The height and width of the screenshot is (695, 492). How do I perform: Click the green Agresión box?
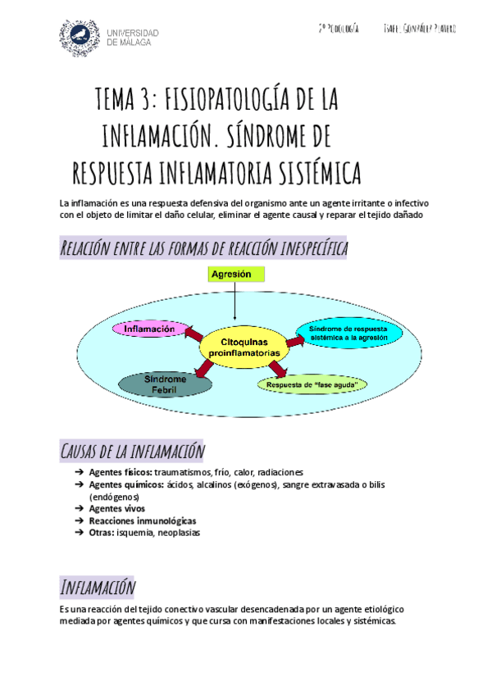coord(231,275)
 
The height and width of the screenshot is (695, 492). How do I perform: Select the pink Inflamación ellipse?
coord(149,329)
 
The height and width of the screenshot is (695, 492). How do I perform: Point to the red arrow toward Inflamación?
coord(194,335)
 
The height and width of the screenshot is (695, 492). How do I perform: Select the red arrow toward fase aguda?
coord(277,370)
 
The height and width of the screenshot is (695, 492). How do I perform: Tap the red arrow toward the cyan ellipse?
coord(294,339)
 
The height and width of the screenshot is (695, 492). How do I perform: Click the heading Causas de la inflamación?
coord(132,451)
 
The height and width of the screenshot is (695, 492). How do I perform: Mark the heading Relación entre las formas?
coord(203,248)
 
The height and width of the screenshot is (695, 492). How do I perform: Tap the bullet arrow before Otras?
coord(78,533)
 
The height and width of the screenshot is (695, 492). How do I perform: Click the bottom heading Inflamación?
coord(98,587)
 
